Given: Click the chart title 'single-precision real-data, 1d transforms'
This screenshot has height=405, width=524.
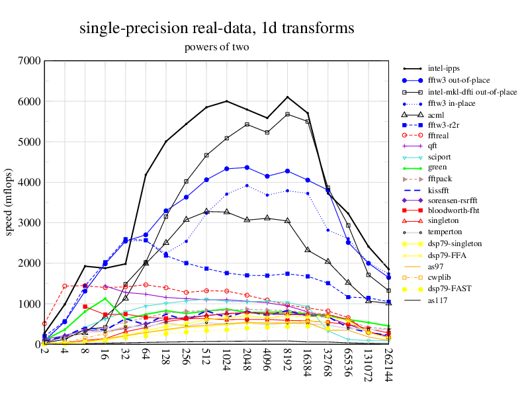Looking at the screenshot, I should point(216,28).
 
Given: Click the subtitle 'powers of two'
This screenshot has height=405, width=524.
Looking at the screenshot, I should point(216,48).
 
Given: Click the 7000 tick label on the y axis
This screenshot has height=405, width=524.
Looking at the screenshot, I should point(30,61).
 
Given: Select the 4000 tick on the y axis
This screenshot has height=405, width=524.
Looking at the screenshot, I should point(30,182).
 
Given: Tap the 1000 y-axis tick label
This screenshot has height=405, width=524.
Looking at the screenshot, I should point(30,304).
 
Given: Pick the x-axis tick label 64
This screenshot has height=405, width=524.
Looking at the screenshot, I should point(146,357).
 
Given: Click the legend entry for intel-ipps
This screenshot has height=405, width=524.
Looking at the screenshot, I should point(444,68).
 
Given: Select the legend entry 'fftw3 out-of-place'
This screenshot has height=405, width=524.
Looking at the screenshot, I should point(460,80).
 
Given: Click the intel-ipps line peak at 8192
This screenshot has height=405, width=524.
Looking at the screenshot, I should point(287,97).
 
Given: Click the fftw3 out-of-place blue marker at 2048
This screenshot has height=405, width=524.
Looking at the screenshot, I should point(247,167).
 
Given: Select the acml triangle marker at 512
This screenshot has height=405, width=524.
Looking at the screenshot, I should point(206,211).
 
